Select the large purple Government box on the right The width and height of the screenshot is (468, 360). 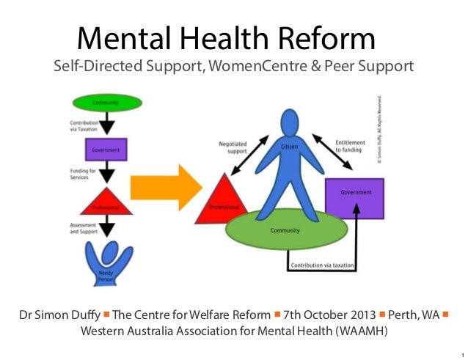click(x=355, y=197)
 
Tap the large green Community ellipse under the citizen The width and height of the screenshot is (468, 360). click(x=280, y=231)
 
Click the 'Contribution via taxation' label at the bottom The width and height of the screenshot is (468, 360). click(x=322, y=265)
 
